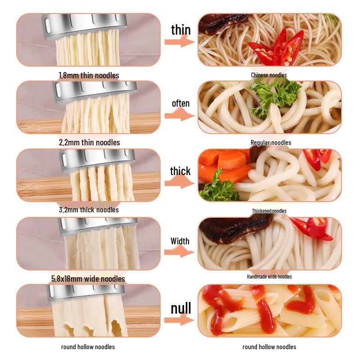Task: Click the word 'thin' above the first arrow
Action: coord(180,30)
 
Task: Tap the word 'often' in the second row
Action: coord(180,103)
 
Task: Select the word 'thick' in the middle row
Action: coord(180,171)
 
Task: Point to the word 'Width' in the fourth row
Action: coord(180,241)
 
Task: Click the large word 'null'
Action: coord(180,308)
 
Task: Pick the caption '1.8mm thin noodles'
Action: coord(89,75)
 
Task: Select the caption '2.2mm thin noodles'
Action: coord(89,142)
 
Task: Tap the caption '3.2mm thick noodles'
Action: coord(89,210)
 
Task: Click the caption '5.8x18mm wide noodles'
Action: coord(88,279)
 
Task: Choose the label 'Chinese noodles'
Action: coord(269,75)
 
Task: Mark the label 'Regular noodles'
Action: coord(270,143)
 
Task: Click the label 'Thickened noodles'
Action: coord(269,211)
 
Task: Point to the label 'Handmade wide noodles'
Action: coord(269,276)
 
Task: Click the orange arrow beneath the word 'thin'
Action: coord(179,42)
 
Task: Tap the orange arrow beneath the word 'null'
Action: coord(179,320)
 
